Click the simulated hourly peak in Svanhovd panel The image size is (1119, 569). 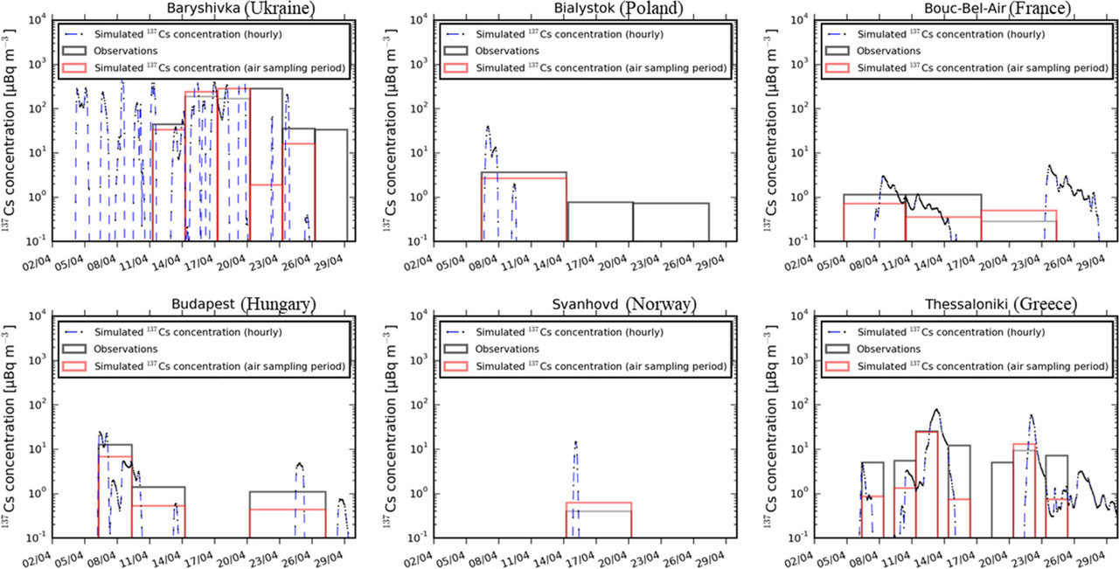point(575,443)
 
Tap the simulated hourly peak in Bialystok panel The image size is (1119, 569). point(488,128)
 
